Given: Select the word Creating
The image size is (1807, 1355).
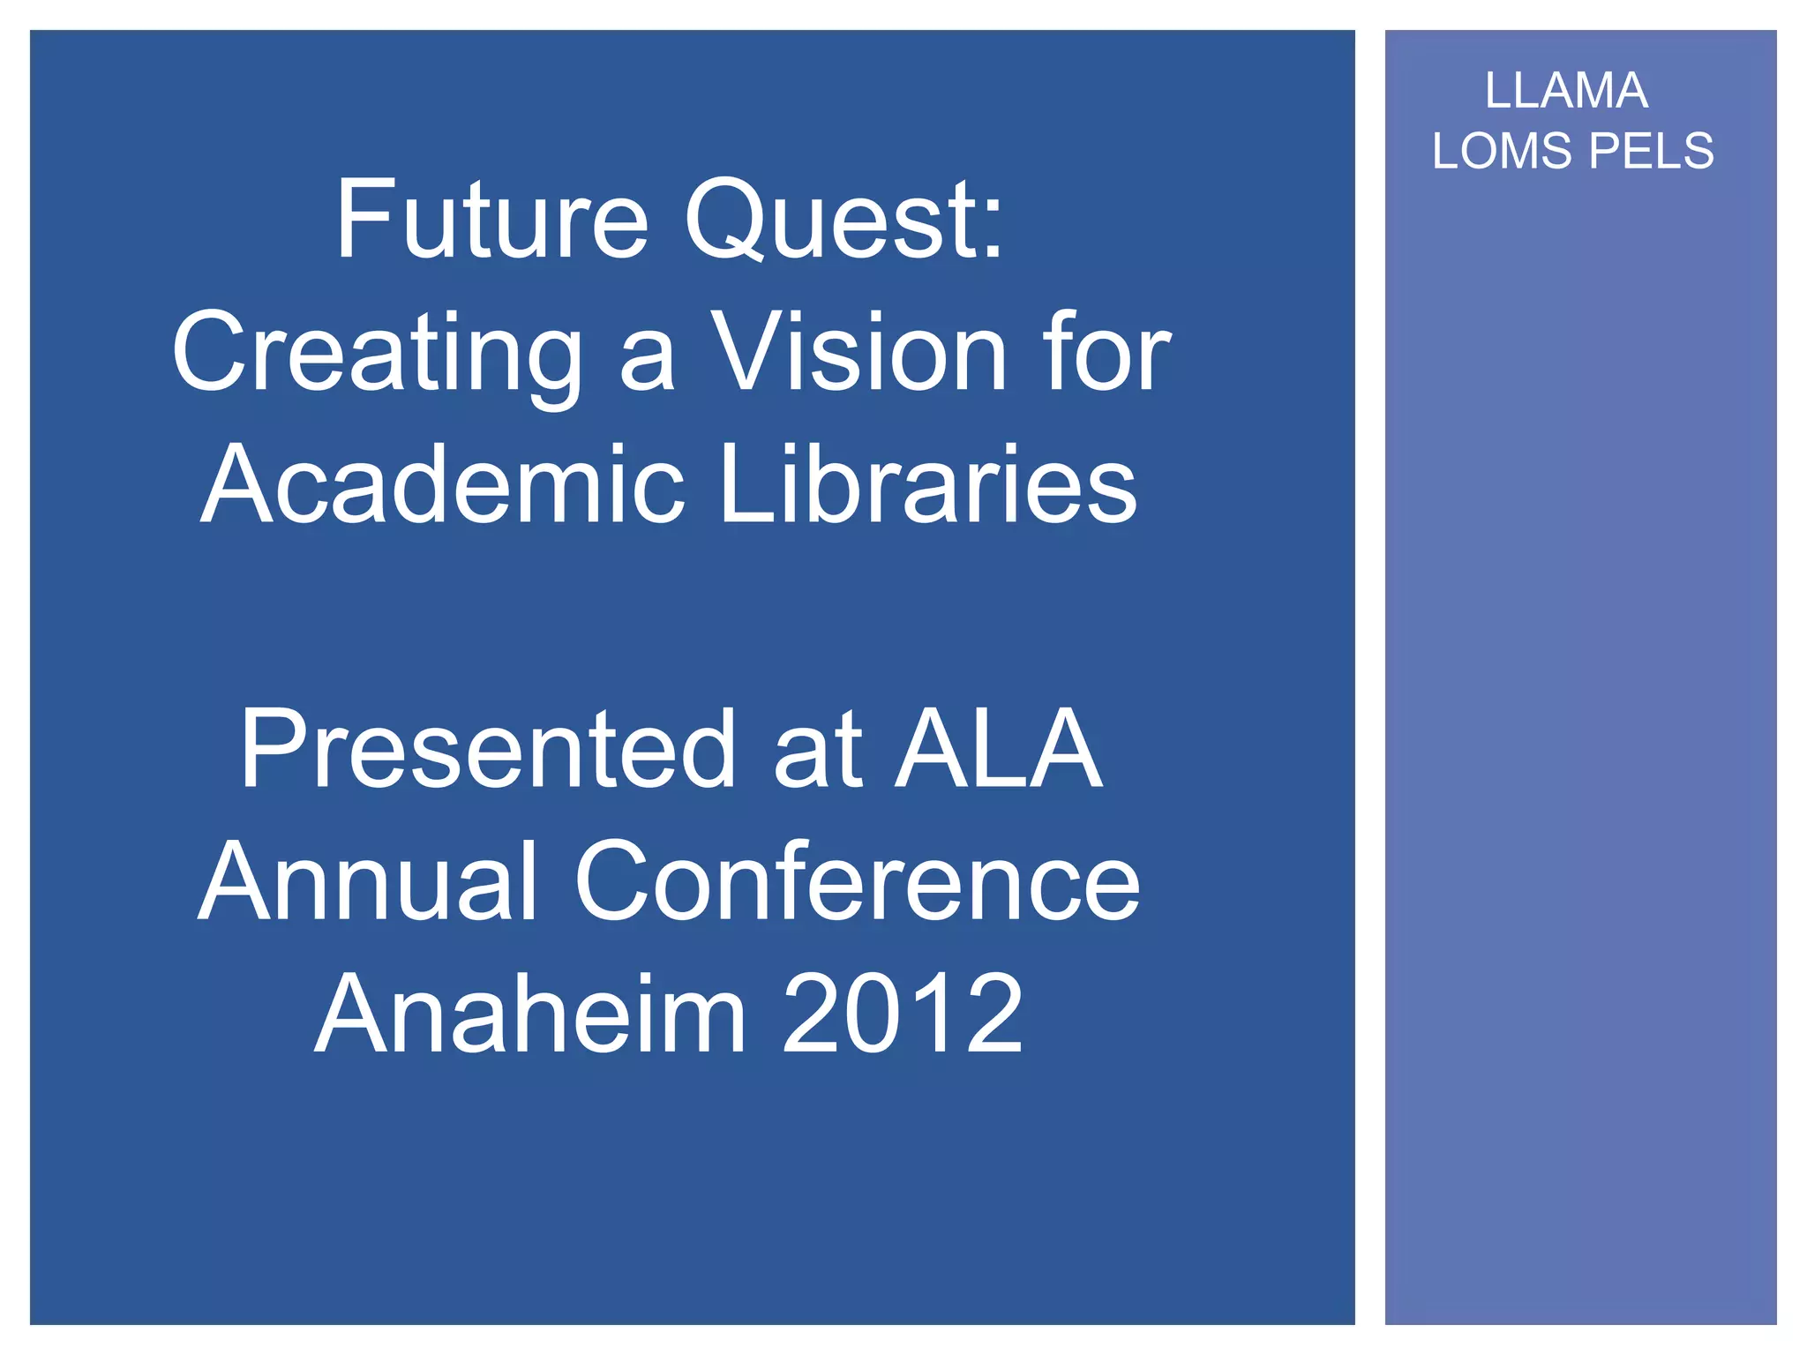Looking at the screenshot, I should click(x=378, y=353).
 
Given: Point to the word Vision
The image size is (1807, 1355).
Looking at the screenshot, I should click(x=859, y=353).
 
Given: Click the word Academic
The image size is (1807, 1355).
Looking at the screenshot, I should click(x=443, y=484).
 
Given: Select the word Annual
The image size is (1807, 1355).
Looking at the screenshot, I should click(x=367, y=881).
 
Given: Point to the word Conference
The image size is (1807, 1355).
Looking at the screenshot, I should click(x=857, y=881).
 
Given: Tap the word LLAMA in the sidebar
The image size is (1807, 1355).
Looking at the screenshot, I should click(x=1566, y=91).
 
